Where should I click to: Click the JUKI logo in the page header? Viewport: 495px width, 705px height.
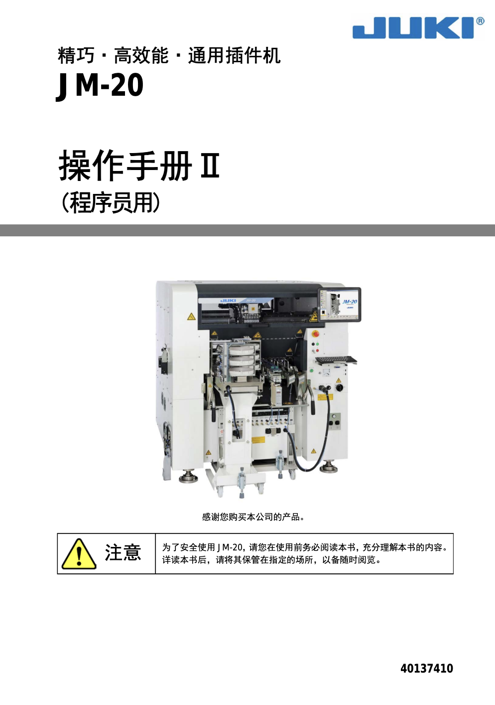(413, 28)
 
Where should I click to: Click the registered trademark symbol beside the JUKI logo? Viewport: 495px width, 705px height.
(480, 21)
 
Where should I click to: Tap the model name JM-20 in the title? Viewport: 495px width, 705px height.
(100, 85)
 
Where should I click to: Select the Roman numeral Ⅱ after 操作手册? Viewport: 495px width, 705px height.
(210, 166)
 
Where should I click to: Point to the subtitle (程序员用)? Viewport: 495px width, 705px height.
(111, 202)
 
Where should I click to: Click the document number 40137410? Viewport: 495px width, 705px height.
(427, 669)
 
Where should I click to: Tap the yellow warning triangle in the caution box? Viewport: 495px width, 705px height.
(79, 554)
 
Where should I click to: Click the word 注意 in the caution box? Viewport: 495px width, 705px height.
(123, 553)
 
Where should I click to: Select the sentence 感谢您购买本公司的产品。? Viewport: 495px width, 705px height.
(253, 517)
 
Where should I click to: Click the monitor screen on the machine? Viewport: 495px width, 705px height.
(341, 304)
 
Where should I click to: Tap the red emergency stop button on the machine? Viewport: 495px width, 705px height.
(315, 334)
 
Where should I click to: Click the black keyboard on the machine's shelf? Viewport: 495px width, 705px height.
(335, 360)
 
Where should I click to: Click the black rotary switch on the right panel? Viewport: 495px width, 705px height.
(339, 387)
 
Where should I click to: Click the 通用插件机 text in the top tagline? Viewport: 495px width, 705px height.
(235, 55)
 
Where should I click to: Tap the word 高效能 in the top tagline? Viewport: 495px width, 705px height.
(141, 55)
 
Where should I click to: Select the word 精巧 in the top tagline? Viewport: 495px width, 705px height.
(76, 55)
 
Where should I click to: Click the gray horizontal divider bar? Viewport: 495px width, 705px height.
(247, 230)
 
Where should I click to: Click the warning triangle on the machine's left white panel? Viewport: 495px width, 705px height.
(191, 317)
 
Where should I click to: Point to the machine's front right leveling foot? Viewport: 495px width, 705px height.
(328, 467)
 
